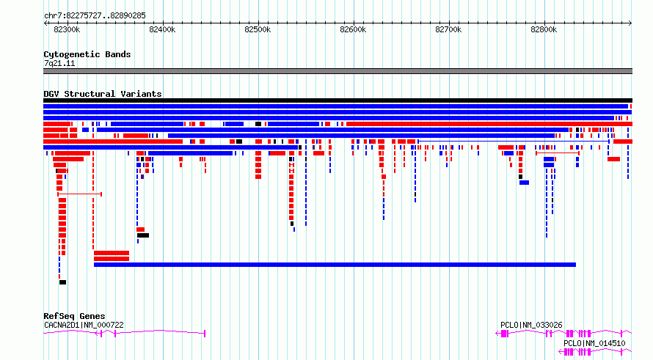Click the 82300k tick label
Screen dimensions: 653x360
67,29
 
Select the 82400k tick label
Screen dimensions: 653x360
162,29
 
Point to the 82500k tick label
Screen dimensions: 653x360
258,29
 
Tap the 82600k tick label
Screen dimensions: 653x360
353,29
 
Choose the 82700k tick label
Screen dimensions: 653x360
448,29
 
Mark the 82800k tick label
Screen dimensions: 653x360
544,29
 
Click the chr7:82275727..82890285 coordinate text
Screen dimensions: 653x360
95,16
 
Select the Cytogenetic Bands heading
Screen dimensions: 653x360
87,54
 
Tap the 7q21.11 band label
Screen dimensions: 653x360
59,63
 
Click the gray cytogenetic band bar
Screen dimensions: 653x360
338,71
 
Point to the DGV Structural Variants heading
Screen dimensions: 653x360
103,94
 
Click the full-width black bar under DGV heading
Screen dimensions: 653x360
338,100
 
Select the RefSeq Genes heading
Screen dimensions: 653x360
74,316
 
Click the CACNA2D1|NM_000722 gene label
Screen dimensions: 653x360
84,325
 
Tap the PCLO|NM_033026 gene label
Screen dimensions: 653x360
531,325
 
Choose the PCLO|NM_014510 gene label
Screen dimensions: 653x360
594,343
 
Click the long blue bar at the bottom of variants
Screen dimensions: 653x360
335,265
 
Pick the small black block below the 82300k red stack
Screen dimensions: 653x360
62,282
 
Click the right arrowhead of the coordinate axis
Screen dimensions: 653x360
630,23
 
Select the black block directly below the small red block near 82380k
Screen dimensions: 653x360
143,235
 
